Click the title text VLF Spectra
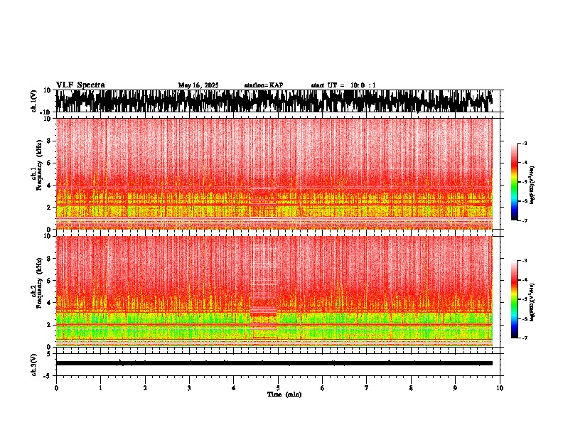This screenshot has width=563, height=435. (x=80, y=85)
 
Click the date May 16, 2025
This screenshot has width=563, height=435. (x=198, y=85)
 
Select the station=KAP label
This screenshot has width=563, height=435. (x=264, y=85)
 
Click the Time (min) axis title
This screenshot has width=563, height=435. (x=284, y=394)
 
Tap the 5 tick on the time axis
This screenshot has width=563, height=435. (x=278, y=388)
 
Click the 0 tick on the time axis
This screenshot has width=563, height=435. (x=56, y=388)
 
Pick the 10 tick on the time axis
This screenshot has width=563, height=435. (x=500, y=388)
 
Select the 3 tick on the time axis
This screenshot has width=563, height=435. (x=189, y=388)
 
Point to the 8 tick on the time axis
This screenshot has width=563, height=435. (x=411, y=388)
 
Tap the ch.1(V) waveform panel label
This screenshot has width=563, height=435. (x=34, y=101)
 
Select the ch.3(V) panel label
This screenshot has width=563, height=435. (x=34, y=363)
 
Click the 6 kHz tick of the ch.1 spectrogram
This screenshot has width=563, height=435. (x=49, y=163)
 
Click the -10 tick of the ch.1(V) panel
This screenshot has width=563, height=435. (x=45, y=112)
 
